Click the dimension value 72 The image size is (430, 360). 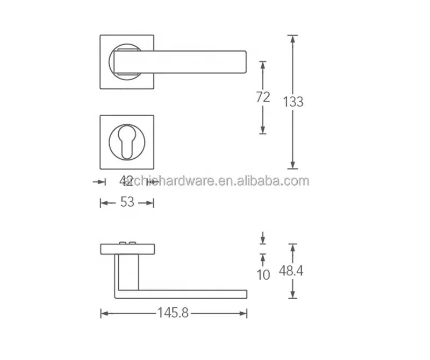coord(262,97)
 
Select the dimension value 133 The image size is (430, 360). coord(293,101)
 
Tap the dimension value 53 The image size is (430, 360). coord(127,203)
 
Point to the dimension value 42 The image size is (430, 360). coord(126,181)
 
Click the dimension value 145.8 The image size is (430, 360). coord(173,313)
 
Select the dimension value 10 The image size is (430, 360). coord(263,275)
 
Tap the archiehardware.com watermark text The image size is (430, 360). coord(215,181)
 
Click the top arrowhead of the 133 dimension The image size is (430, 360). coord(292,38)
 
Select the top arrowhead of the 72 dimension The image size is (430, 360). coord(262,63)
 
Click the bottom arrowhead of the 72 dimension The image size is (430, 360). coord(262,131)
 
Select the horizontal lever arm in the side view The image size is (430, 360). coord(183,293)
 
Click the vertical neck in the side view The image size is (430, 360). coord(127,272)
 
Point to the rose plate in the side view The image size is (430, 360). coord(127,249)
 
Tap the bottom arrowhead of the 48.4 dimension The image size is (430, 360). coord(292,295)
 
